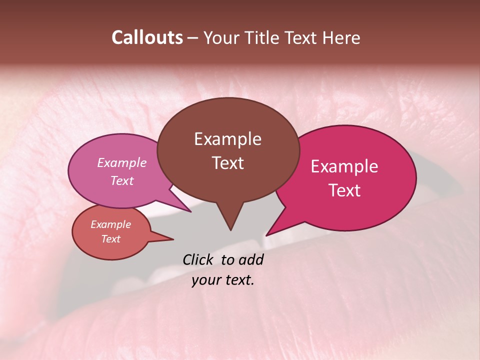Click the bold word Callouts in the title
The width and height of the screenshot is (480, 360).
pos(147,37)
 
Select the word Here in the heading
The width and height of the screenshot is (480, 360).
pos(342,37)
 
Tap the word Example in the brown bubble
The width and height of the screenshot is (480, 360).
pos(227,139)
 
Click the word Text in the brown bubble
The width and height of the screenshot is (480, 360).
pos(227,162)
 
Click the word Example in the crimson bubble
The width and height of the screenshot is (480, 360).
pos(344,166)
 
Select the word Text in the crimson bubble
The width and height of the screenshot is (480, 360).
pos(344,190)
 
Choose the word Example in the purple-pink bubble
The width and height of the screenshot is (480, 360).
pos(121,162)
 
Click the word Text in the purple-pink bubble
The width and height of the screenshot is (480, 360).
pos(121,180)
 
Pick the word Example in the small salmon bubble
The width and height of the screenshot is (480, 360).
pos(110,224)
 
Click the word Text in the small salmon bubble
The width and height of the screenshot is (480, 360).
pos(110,239)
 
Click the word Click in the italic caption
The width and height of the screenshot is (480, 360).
pos(198,259)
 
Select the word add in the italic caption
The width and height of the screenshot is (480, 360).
pos(251,259)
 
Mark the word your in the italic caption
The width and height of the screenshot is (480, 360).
pos(206,280)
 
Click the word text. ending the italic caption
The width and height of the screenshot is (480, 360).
pos(238,280)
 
